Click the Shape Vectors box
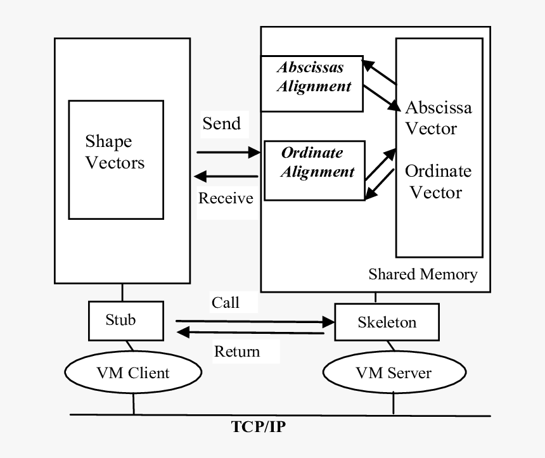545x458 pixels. point(115,160)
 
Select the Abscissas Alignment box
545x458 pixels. point(312,83)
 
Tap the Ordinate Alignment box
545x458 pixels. point(314,170)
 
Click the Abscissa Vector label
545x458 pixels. point(438,118)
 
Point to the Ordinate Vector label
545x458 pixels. point(438,181)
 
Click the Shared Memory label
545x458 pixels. point(423,274)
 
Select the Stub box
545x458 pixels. point(121,321)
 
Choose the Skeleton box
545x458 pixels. point(387,322)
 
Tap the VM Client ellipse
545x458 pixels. point(133,372)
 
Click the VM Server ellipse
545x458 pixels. point(393,372)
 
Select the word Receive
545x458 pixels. point(226,198)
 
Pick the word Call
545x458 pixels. point(226,302)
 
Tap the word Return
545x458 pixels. point(237,351)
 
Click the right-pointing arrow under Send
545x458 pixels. point(228,152)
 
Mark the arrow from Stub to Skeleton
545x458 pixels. point(254,321)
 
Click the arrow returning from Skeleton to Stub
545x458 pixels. point(250,333)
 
